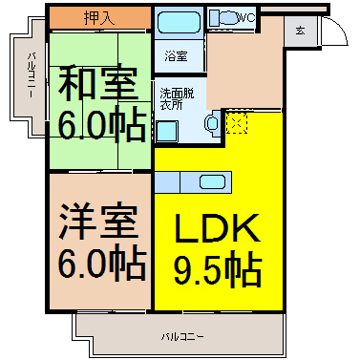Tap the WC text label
tap(246, 16)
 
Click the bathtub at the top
tap(178, 22)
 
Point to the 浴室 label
tap(176, 55)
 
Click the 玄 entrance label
tap(300, 31)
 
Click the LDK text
tap(218, 230)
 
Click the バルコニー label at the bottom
tap(181, 336)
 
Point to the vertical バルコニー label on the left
tap(31, 82)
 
